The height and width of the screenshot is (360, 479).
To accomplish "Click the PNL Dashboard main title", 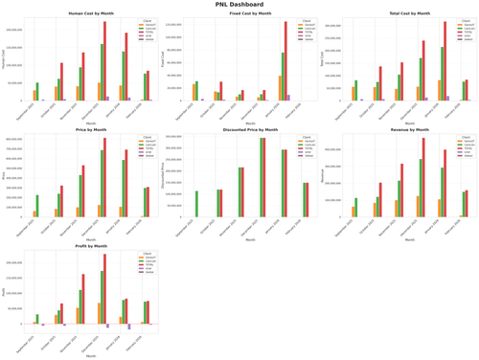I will point(239,5).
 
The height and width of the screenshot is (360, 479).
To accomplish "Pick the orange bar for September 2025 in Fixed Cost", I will point(194,92).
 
